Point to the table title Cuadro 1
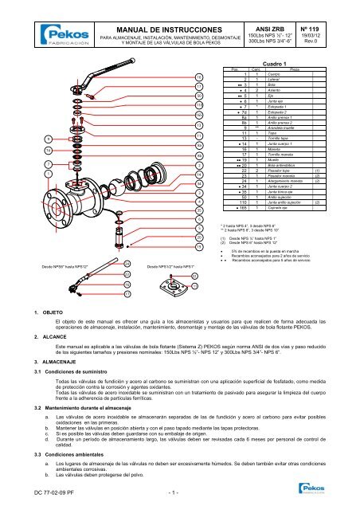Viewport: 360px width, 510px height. [273, 62]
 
